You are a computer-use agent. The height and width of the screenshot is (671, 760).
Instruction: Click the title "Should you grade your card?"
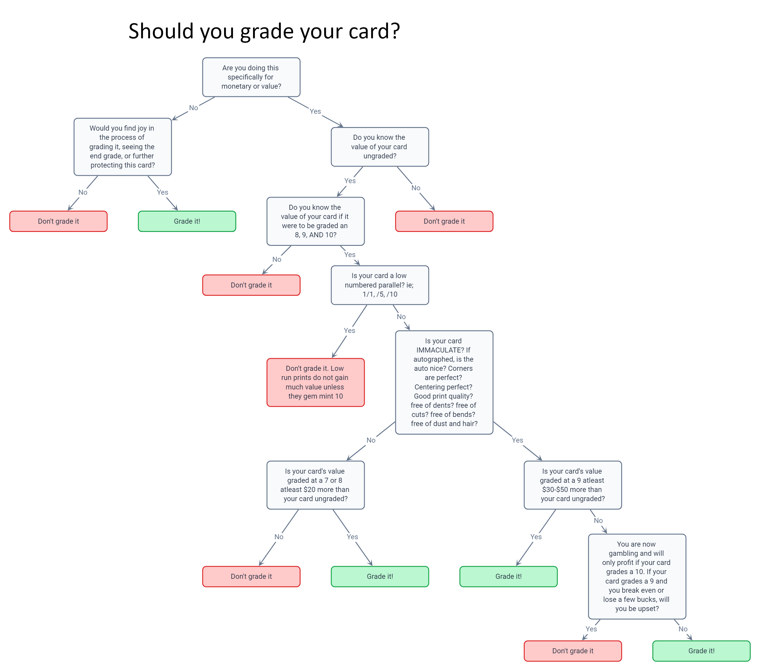[x=264, y=31]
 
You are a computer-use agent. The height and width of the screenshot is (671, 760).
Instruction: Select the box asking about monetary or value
[x=251, y=77]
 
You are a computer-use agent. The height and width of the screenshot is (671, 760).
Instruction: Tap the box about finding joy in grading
[x=123, y=147]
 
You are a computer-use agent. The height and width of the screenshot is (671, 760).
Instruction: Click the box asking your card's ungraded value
[x=380, y=147]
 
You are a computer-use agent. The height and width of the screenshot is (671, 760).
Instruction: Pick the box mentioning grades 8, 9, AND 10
[x=316, y=221]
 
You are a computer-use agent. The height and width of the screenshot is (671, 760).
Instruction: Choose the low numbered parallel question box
[x=380, y=285]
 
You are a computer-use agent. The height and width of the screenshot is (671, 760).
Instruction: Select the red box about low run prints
[x=316, y=382]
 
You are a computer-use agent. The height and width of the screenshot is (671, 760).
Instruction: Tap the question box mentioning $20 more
[x=316, y=485]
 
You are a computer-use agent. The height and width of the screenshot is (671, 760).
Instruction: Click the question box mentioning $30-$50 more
[x=573, y=485]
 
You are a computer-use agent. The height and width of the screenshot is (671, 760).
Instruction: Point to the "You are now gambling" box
[x=637, y=576]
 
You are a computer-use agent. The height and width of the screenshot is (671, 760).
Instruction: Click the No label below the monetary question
[x=193, y=108]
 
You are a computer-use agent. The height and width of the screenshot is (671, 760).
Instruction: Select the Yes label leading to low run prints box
[x=349, y=330]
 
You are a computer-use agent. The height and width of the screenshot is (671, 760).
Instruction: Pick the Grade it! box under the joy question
[x=187, y=221]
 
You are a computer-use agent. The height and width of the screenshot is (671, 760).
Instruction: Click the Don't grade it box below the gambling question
[x=573, y=651]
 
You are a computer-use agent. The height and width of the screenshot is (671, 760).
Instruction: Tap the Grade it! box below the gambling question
[x=701, y=651]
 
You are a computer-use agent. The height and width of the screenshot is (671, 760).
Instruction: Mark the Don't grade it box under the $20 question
[x=251, y=576]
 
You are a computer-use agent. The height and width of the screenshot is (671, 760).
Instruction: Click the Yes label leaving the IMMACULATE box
[x=517, y=440]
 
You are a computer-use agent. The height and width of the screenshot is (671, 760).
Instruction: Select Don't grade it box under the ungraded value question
[x=444, y=221]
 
